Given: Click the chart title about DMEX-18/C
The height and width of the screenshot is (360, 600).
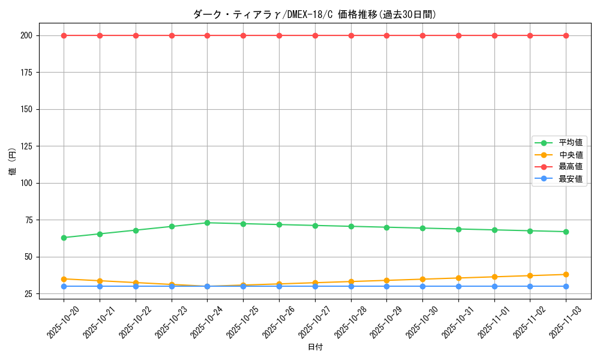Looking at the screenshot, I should tap(314, 14).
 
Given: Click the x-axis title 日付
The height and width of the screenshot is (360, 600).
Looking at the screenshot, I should tap(315, 347).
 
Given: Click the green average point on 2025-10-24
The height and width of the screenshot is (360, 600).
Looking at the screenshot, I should tap(207, 223).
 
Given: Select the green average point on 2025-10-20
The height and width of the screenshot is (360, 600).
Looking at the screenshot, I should tap(64, 238).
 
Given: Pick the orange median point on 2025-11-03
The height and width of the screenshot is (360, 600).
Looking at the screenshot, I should tap(566, 275).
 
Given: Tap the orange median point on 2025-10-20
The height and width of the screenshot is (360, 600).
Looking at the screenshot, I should tap(64, 279).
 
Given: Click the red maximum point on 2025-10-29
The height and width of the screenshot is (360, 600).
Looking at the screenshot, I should tap(386, 35).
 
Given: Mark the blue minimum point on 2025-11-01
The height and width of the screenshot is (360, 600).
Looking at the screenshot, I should tap(494, 286).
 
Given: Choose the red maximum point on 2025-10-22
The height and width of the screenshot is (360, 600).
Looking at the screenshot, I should tap(136, 35).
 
